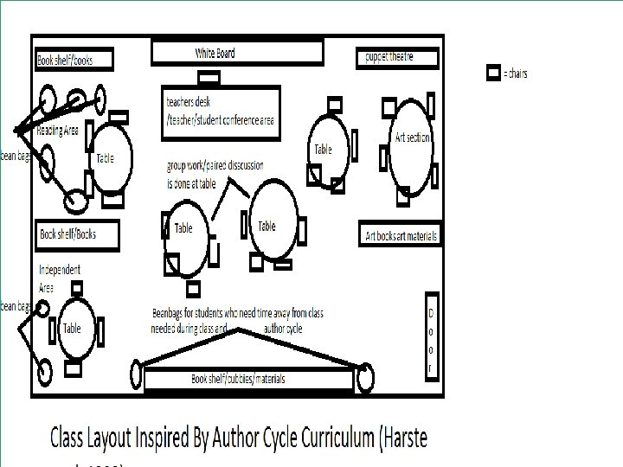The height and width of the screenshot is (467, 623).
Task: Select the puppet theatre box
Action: pyautogui.click(x=397, y=58)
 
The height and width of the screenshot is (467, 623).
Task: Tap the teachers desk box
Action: pyautogui.click(x=222, y=112)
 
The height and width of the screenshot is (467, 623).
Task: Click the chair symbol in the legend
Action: pyautogui.click(x=493, y=73)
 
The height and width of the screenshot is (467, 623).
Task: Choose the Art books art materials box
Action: pyautogui.click(x=400, y=235)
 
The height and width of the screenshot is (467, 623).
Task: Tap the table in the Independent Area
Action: pyautogui.click(x=73, y=329)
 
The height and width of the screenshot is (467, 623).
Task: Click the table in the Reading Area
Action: pyautogui.click(x=110, y=158)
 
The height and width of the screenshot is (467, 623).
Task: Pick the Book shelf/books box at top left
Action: pyautogui.click(x=76, y=61)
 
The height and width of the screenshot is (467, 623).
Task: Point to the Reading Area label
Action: pyautogui.click(x=58, y=131)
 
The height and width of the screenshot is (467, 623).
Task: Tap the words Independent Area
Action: pyautogui.click(x=60, y=278)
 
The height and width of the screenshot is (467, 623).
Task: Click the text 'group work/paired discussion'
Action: pyautogui.click(x=215, y=165)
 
